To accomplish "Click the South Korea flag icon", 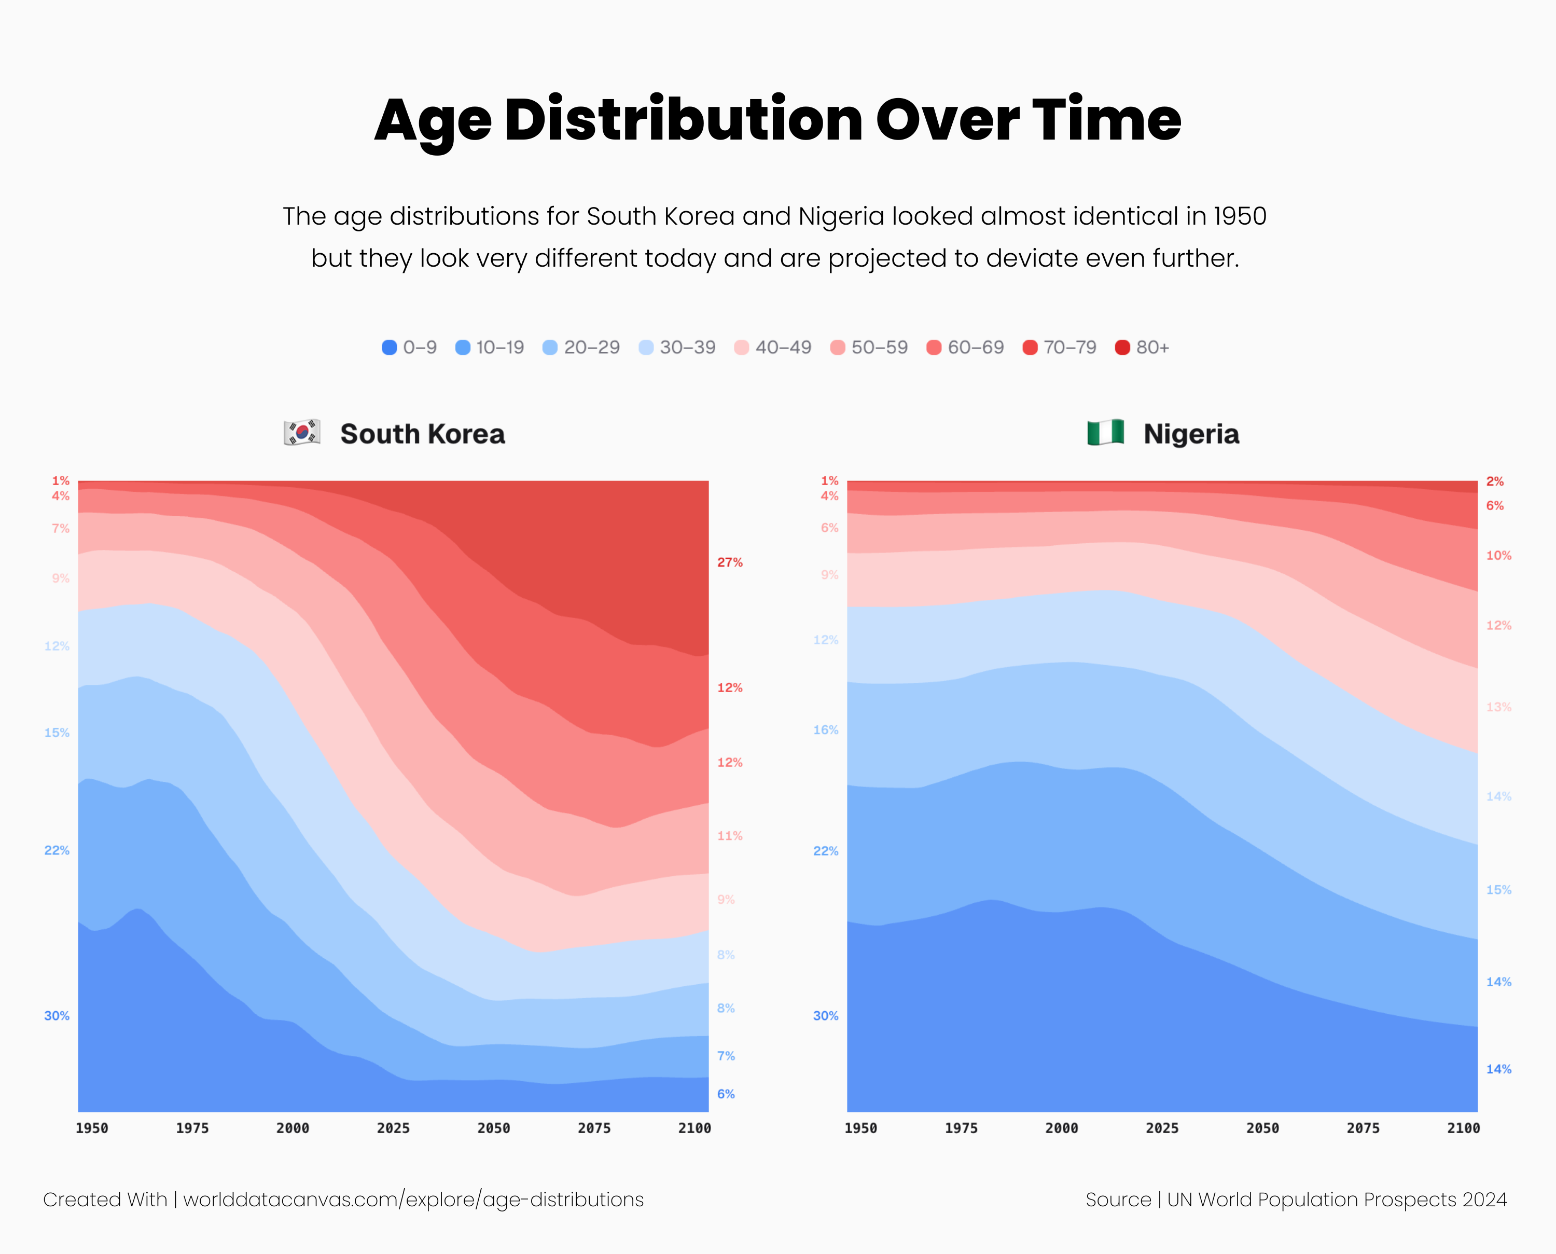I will click(302, 433).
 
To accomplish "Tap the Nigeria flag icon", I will click(1105, 433).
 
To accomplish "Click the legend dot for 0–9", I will click(389, 348).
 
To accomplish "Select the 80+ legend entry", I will click(1142, 348).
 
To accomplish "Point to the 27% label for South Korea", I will click(729, 562).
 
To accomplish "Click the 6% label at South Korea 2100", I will click(726, 1094).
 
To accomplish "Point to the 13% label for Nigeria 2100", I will click(1498, 707).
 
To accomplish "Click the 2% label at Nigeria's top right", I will click(1495, 481).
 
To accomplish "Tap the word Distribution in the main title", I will click(683, 119).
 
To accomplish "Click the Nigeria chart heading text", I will click(1191, 434).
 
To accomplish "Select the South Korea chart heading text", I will click(422, 434).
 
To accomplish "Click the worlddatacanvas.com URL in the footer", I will click(413, 1200).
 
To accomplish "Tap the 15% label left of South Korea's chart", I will click(57, 733).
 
